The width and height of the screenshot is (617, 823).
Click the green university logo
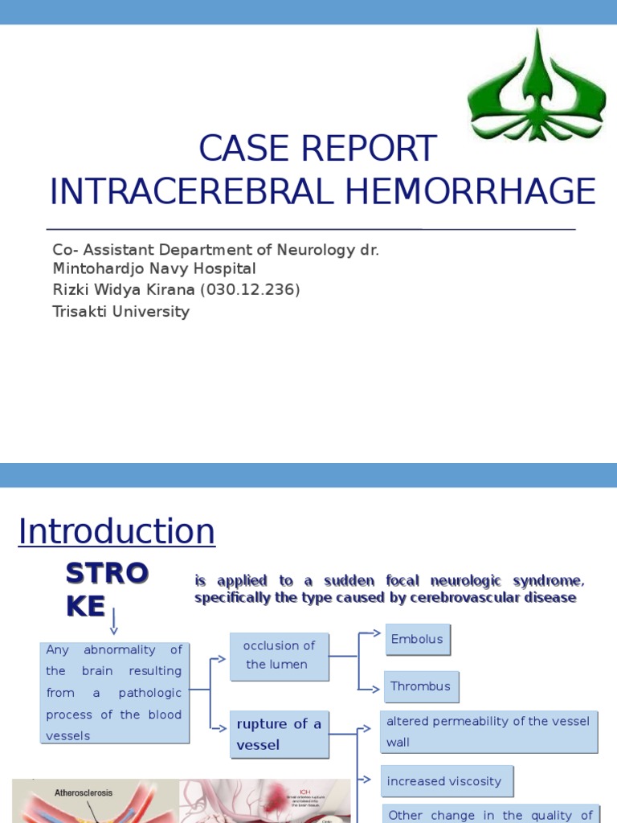click(x=525, y=86)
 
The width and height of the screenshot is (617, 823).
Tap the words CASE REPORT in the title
click(x=317, y=149)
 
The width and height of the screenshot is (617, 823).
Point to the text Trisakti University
click(x=121, y=311)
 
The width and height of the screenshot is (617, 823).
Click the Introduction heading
click(x=116, y=531)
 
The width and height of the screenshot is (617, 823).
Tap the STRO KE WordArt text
click(x=106, y=590)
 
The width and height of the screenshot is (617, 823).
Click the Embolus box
click(x=417, y=639)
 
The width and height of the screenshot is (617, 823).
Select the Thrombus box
click(x=421, y=686)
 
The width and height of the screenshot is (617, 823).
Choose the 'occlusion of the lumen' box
click(x=279, y=655)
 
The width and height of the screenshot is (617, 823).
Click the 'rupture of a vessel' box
click(x=279, y=734)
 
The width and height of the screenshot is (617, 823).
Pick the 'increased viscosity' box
click(x=446, y=780)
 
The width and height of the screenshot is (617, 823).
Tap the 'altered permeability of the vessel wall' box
click(x=488, y=731)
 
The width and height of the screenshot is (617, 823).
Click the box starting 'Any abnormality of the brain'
click(x=114, y=692)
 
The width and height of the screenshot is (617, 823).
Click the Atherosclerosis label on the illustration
click(x=84, y=792)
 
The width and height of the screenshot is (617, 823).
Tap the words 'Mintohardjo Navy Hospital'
click(x=153, y=268)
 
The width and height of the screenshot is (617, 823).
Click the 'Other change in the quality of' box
click(x=489, y=813)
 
